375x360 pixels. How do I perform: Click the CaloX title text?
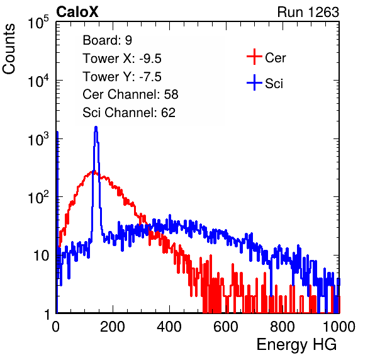pyautogui.click(x=77, y=12)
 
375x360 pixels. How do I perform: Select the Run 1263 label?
pyautogui.click(x=308, y=12)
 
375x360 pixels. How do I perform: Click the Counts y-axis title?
pyautogui.click(x=9, y=49)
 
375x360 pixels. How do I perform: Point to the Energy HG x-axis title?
pyautogui.click(x=296, y=345)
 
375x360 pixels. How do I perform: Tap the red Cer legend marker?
pyautogui.click(x=254, y=57)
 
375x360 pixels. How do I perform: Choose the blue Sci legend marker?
pyautogui.click(x=254, y=82)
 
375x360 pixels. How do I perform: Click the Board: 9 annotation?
pyautogui.click(x=107, y=40)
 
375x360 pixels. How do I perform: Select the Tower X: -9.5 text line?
pyautogui.click(x=122, y=59)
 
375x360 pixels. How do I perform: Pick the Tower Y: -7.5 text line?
pyautogui.click(x=122, y=77)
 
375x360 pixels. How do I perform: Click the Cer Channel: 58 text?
pyautogui.click(x=130, y=94)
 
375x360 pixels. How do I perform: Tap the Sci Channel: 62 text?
pyautogui.click(x=129, y=113)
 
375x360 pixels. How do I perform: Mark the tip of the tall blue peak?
pyautogui.click(x=96, y=127)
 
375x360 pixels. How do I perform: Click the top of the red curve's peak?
pyautogui.click(x=93, y=171)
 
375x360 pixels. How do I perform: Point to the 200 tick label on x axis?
pyautogui.click(x=113, y=327)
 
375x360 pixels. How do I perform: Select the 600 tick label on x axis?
pyautogui.click(x=226, y=327)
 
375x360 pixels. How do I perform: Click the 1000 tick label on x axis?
pyautogui.click(x=339, y=327)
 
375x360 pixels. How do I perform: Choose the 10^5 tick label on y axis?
pyautogui.click(x=38, y=22)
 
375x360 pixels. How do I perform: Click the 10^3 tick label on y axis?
pyautogui.click(x=38, y=139)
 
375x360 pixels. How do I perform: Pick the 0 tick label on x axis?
pyautogui.click(x=56, y=327)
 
